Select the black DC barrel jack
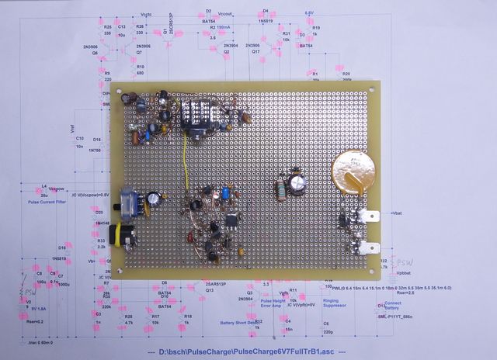(121, 235)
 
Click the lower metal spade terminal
(364, 249)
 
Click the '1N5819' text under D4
(266, 22)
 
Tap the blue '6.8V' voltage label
(308, 12)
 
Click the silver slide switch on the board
(129, 202)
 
